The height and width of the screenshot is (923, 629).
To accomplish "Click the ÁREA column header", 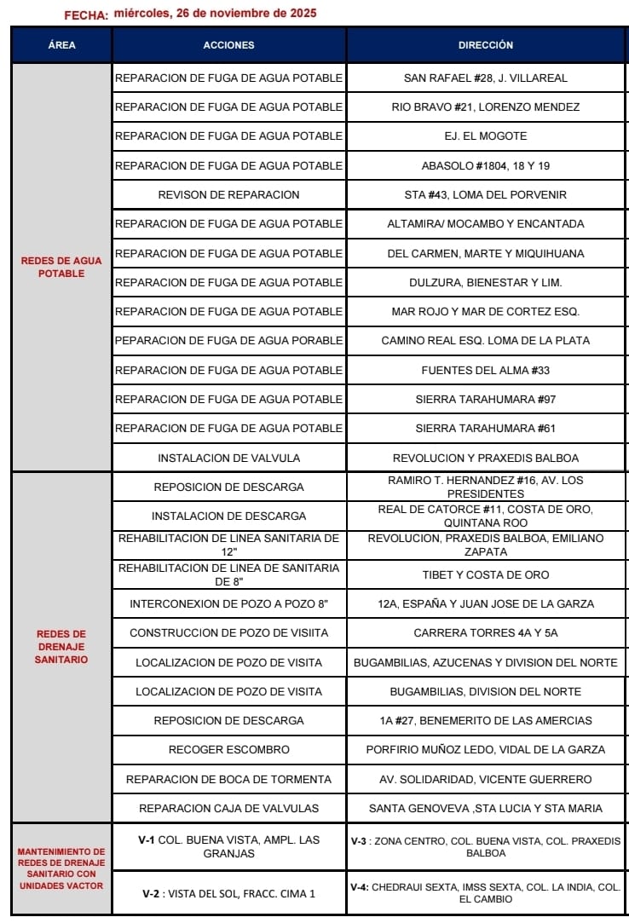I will point(61,45).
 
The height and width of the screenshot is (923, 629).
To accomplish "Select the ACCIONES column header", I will point(228,45).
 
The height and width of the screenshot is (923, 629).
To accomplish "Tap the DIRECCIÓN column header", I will point(486,45).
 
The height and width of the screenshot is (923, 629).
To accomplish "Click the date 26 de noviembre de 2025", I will point(215,14).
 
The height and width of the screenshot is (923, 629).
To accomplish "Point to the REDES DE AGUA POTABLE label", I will point(61,267).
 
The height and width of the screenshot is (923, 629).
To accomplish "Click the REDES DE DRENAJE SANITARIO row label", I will point(61,647).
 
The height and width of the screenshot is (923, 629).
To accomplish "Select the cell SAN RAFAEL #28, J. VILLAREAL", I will point(486,78).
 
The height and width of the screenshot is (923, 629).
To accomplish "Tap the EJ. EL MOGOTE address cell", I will point(486,136).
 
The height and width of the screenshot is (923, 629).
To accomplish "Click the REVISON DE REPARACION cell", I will point(228,194).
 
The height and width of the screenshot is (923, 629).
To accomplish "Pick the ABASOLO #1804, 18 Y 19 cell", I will point(486,165).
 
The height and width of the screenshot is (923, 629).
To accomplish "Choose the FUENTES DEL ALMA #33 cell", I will point(486,370).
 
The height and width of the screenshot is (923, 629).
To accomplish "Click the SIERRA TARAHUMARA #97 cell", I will point(486,399).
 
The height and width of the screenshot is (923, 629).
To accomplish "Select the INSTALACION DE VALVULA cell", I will point(228,458).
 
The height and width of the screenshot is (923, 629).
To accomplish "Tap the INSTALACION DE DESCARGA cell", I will point(228,516).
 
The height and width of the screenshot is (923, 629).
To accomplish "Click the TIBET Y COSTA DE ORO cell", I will point(486,574).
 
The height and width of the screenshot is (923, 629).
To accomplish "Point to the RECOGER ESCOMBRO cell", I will point(228,750).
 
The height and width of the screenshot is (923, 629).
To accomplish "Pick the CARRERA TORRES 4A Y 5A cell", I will point(486,633).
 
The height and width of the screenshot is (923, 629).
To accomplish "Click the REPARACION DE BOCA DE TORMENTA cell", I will point(228,779).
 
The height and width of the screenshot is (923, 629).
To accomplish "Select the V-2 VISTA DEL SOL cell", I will point(228,893).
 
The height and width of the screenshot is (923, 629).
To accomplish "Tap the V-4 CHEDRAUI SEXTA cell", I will point(486,892).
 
